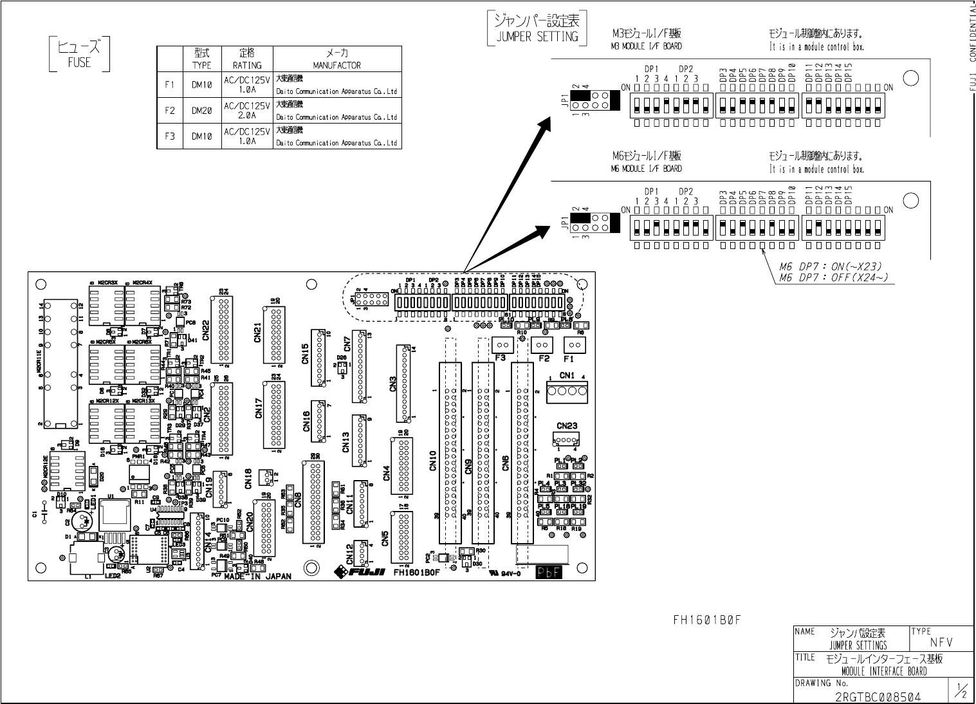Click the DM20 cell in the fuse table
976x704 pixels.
201,111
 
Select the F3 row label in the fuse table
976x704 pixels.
170,136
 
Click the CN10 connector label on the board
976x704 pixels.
433,461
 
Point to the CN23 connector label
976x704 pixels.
567,425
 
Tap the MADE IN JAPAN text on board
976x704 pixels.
257,577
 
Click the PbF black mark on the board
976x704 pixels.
549,572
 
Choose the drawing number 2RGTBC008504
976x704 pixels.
878,697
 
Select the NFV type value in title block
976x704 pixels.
941,642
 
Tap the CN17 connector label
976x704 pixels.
259,407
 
